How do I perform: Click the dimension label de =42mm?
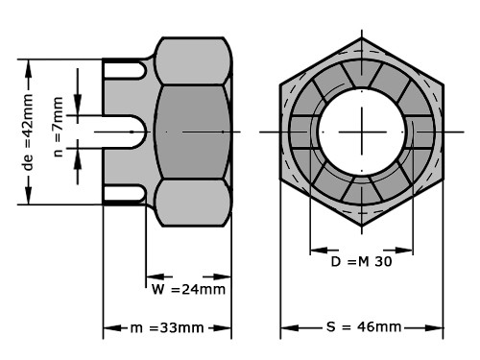(28, 132)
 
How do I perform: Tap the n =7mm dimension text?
(58, 127)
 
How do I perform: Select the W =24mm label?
(188, 289)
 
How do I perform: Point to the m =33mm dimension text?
(167, 327)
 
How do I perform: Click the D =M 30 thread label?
(361, 262)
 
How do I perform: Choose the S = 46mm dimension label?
(364, 327)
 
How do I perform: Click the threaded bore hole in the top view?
(362, 132)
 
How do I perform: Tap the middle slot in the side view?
(124, 132)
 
